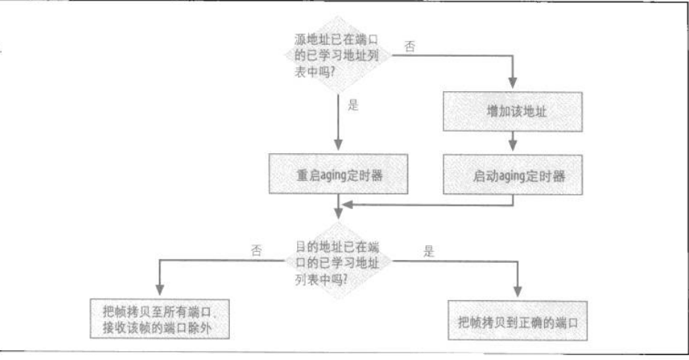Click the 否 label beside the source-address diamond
pyautogui.click(x=410, y=46)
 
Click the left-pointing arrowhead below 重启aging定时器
pyautogui.click(x=346, y=203)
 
